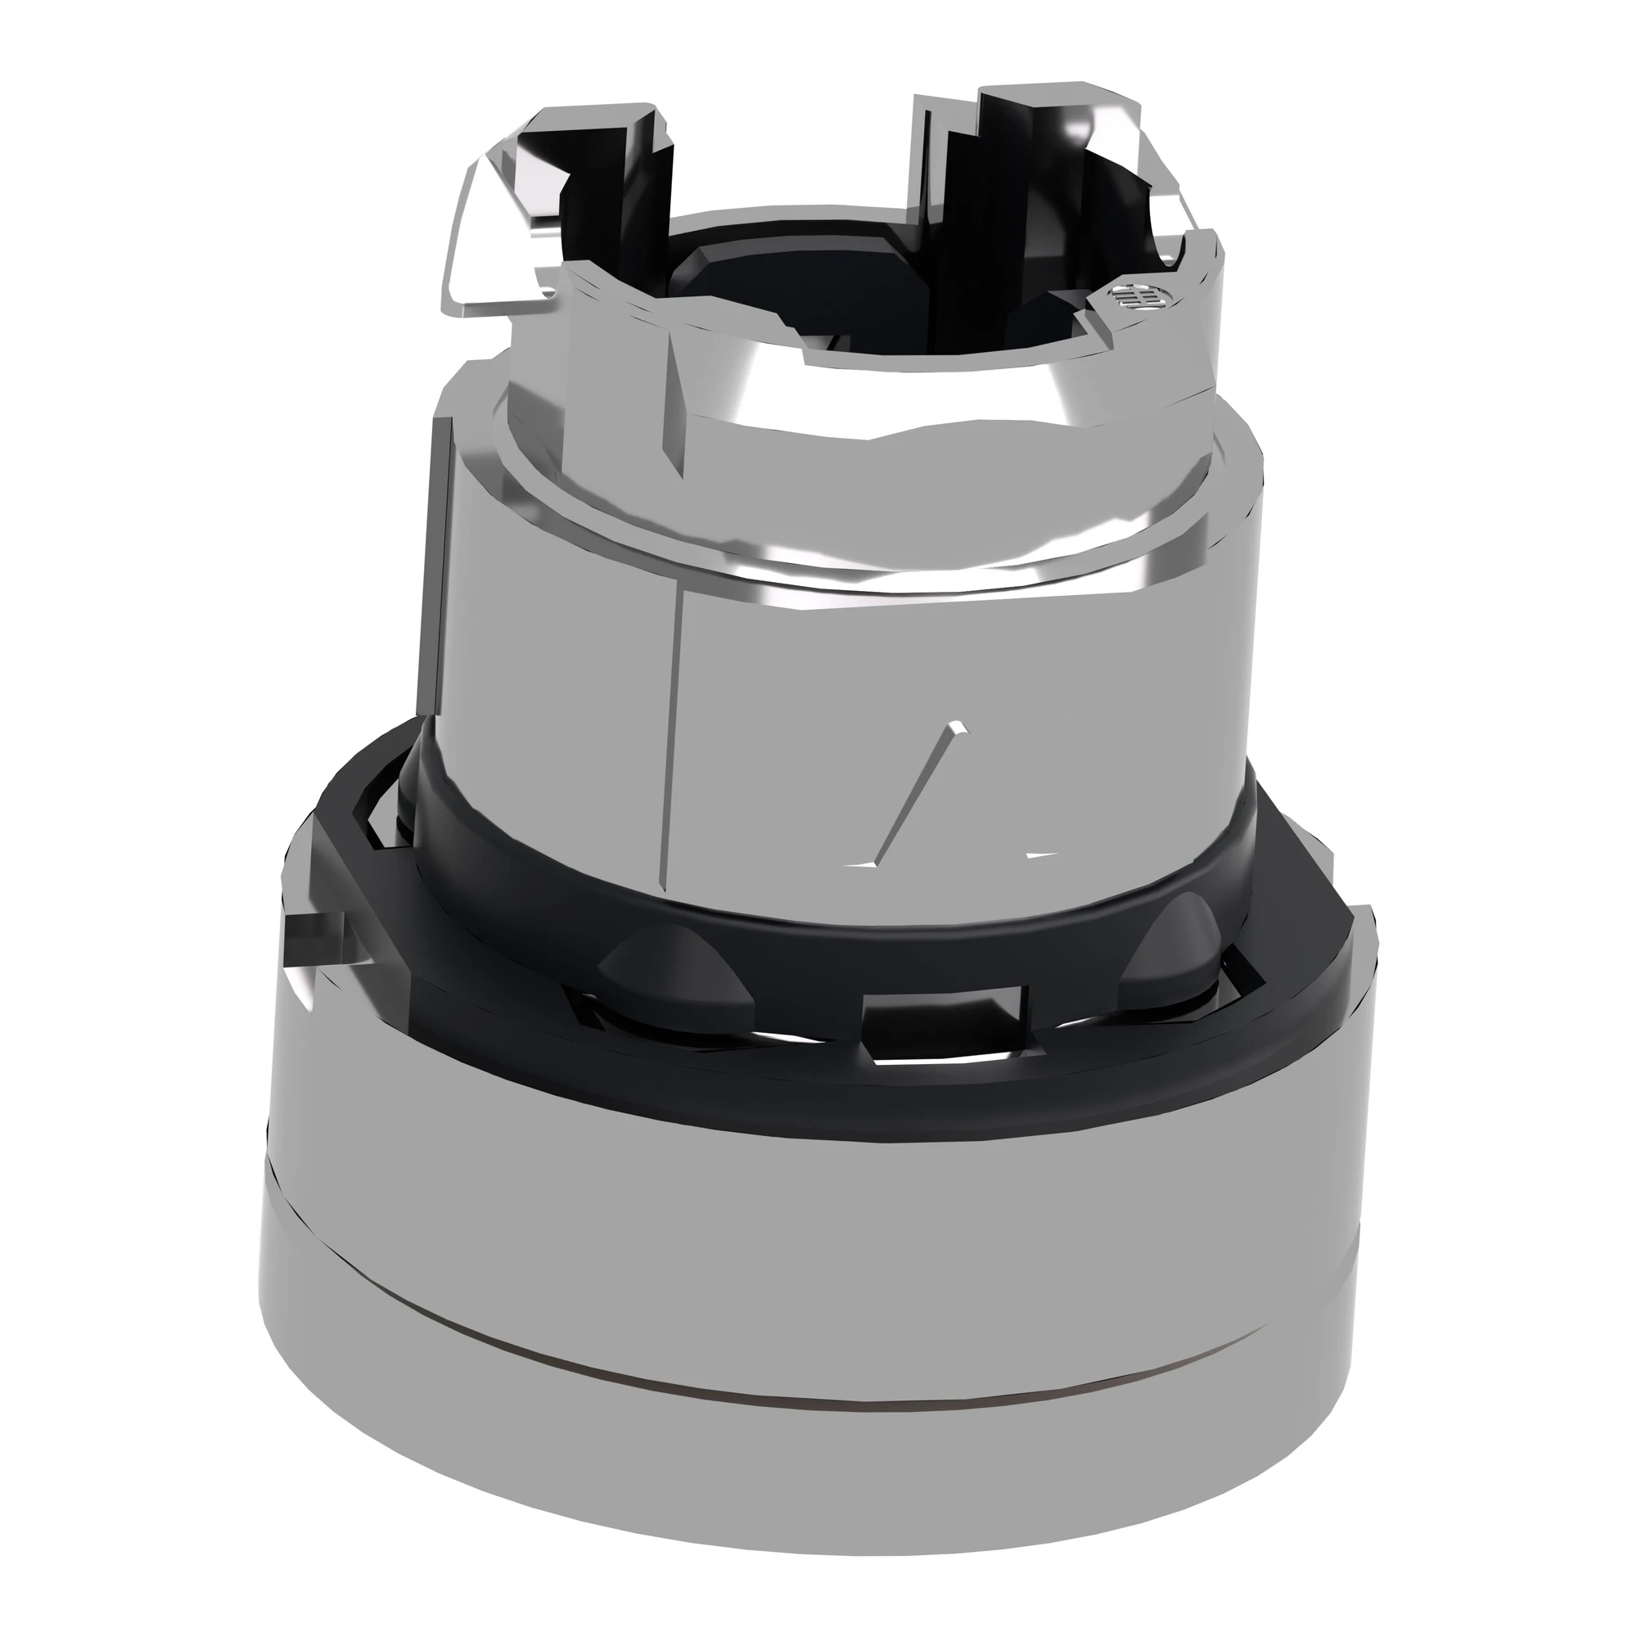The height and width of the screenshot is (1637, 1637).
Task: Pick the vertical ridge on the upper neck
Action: pos(678,399)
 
